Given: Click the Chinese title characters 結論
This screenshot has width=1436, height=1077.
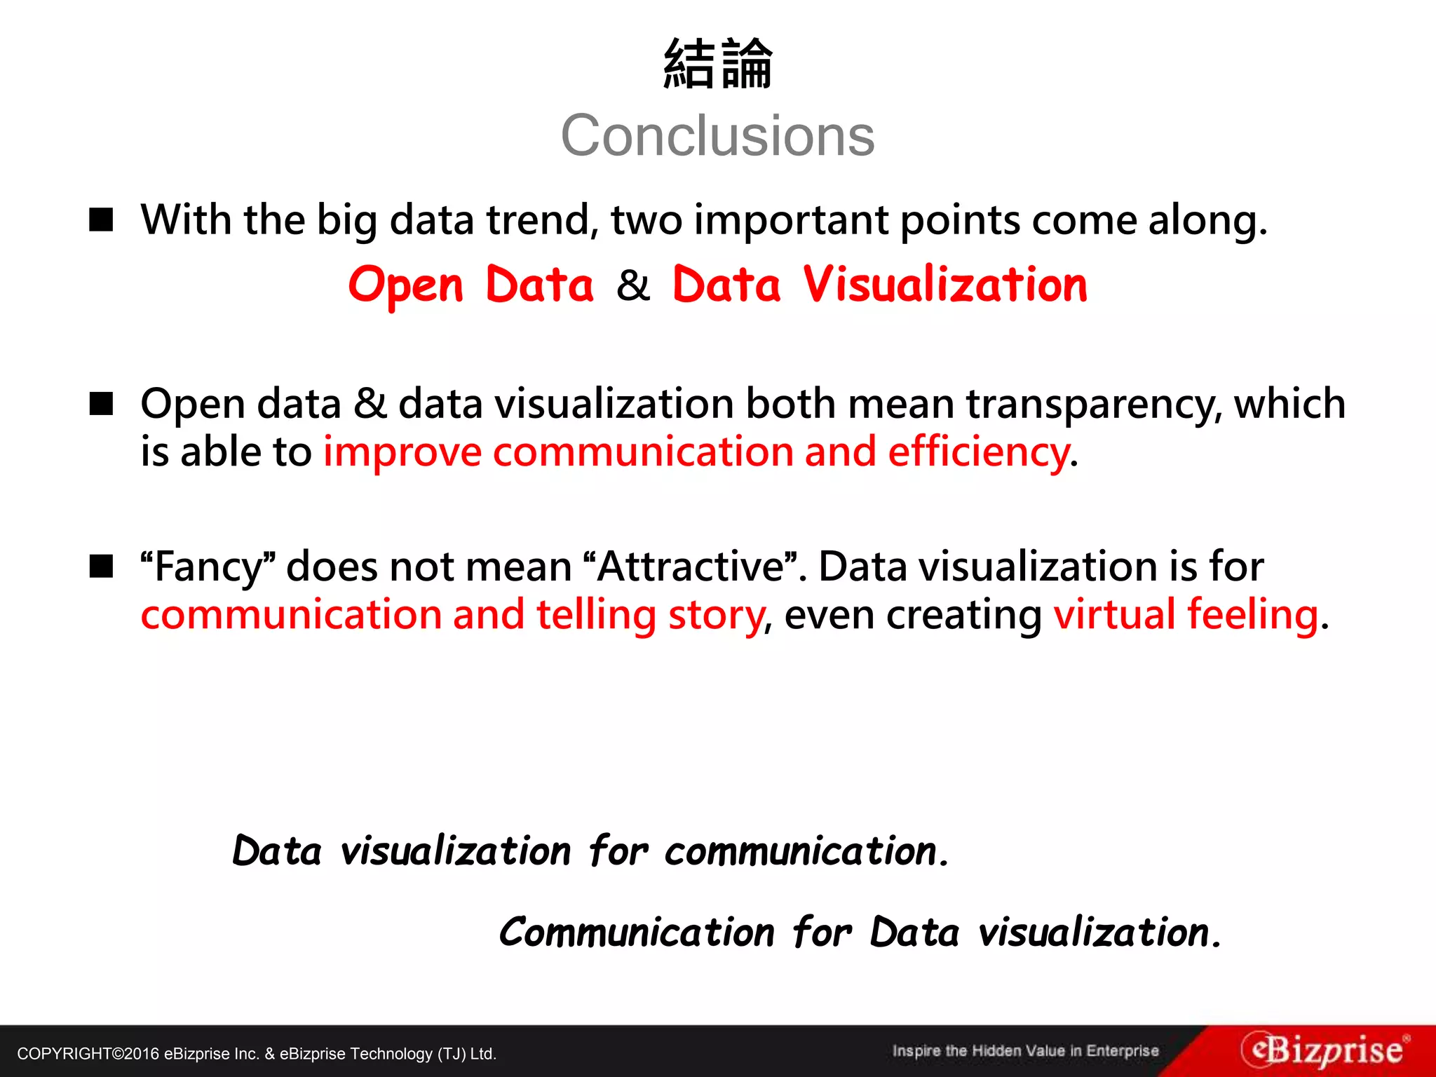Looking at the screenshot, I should pyautogui.click(x=717, y=65).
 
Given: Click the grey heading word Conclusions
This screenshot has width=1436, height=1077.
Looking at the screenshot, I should pyautogui.click(x=717, y=136).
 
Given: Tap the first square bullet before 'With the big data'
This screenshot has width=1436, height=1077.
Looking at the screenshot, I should pyautogui.click(x=102, y=219).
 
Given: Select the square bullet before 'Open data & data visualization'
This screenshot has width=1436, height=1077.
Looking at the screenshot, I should pyautogui.click(x=102, y=404).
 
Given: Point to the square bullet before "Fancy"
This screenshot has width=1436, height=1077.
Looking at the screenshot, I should pyautogui.click(x=102, y=566).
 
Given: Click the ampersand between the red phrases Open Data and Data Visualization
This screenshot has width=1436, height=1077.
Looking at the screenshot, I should pyautogui.click(x=633, y=286).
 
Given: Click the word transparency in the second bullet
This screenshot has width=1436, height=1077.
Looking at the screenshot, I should pyautogui.click(x=1094, y=405).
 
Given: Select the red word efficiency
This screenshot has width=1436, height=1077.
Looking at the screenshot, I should pyautogui.click(x=979, y=452).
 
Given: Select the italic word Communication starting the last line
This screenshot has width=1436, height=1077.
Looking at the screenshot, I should pyautogui.click(x=637, y=933).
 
